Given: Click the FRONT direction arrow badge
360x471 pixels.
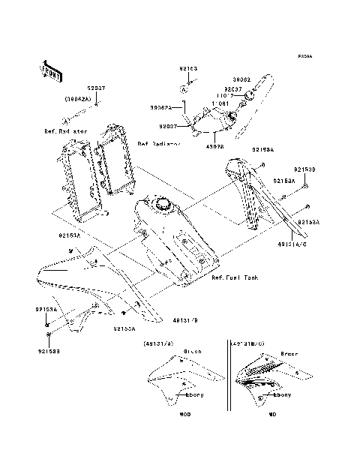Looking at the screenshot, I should [50, 70].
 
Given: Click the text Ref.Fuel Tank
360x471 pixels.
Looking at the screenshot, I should [235, 277].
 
